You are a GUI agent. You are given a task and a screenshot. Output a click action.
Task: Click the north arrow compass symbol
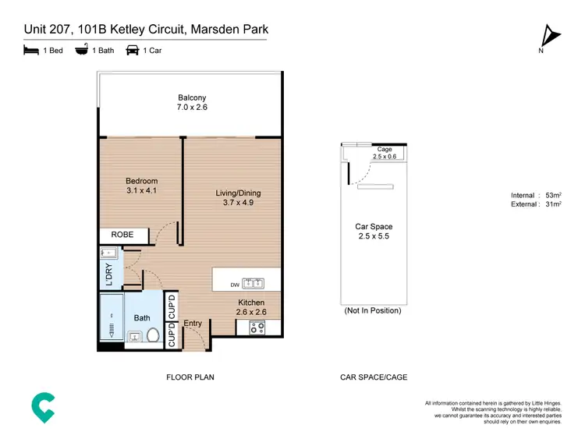[x=551, y=36]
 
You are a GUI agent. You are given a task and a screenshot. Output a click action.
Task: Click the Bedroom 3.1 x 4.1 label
[x=142, y=186]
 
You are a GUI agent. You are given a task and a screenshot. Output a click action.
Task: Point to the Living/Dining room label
[x=238, y=197]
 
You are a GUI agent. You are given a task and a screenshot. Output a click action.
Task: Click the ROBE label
[x=122, y=234]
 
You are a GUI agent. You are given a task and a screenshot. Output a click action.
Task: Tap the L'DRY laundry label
[x=108, y=274]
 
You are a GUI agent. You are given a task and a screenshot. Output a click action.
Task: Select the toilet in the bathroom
[x=153, y=337]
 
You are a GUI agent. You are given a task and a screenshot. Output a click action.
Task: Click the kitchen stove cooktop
[x=257, y=328]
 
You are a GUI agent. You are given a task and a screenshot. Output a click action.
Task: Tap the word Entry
[x=192, y=323]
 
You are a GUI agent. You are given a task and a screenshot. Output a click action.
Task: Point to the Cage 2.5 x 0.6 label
[x=384, y=153]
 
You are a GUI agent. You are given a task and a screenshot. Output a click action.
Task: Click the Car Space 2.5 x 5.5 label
[x=373, y=232]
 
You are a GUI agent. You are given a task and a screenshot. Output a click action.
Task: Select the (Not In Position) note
[x=373, y=310]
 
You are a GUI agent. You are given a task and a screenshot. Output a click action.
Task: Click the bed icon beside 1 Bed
[x=30, y=51]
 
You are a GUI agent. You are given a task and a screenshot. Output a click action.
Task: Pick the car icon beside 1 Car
[x=133, y=51]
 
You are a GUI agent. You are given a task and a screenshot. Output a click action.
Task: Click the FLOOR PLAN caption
[x=190, y=377]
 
